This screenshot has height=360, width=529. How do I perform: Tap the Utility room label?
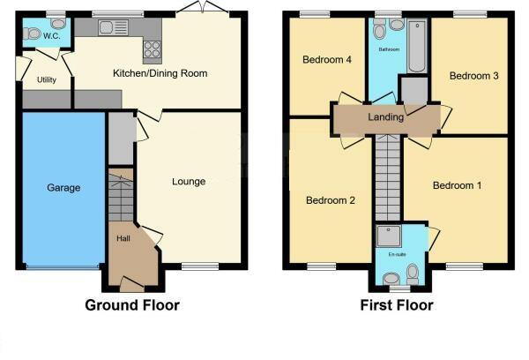[x=47, y=79]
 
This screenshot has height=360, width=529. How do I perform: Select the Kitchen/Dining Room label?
[x=160, y=73]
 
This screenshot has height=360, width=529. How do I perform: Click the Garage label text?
[x=63, y=188]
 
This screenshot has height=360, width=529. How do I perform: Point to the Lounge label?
[x=189, y=182]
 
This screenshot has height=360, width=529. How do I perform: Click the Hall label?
[x=123, y=238]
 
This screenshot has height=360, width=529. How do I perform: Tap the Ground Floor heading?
[x=132, y=306]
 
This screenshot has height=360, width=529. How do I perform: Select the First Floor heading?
[x=397, y=306]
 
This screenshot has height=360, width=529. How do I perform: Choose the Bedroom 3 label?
[x=474, y=76]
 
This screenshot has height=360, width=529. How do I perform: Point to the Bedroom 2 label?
[x=331, y=200]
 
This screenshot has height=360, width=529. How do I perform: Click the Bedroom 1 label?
[x=457, y=186]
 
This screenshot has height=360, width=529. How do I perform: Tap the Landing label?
[x=386, y=116]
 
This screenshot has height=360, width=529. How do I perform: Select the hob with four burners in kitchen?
[x=151, y=49]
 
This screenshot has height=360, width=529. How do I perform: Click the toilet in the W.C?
[x=33, y=34]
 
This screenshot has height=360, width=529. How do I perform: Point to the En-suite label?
[x=397, y=255]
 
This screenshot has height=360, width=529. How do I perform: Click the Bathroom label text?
[x=389, y=50]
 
